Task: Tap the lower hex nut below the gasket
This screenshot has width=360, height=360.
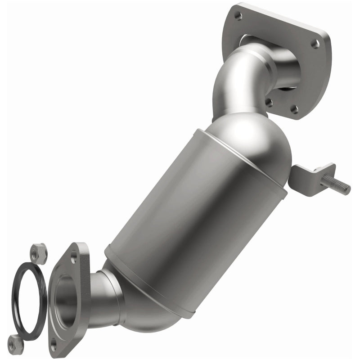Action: [x=16, y=344]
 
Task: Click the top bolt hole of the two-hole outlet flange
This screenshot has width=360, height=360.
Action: [x=74, y=260]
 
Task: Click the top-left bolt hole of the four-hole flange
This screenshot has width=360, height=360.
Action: [x=238, y=16]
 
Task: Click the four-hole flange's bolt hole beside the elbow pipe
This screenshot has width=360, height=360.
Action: [x=269, y=103]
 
